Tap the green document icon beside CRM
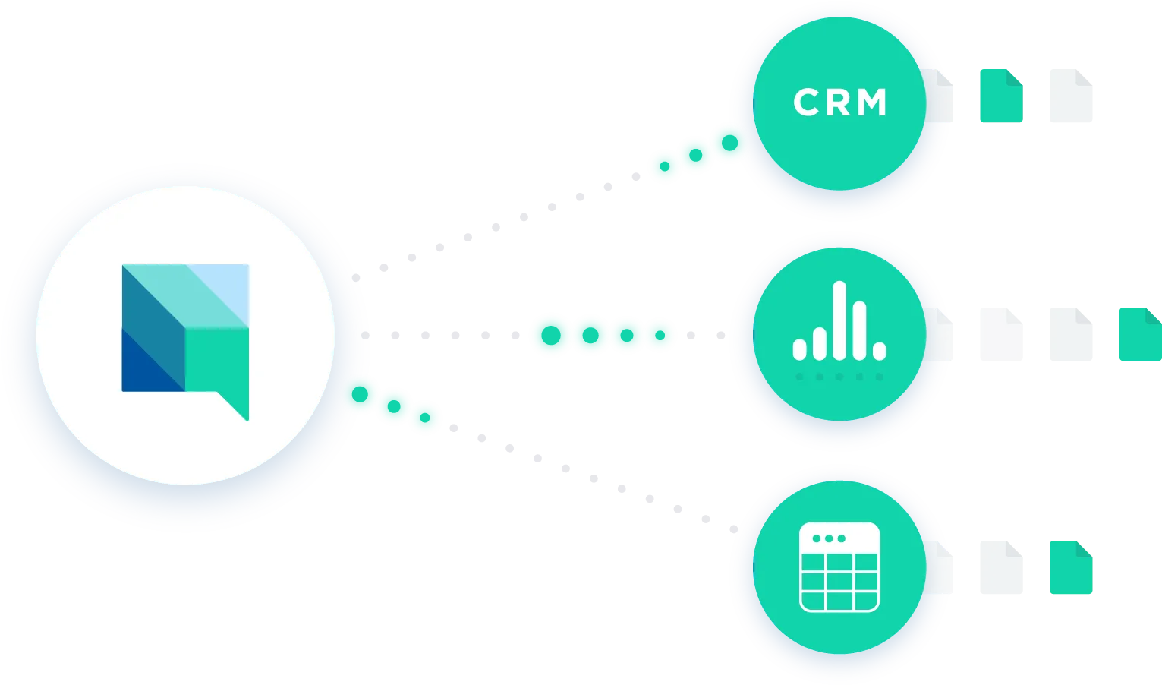[1001, 96]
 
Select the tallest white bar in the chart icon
[839, 320]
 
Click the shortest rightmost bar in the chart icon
[880, 351]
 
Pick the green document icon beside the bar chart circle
[1141, 334]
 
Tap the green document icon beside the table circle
[1071, 567]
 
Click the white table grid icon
[839, 567]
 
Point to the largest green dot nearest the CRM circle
[730, 143]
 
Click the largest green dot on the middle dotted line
[551, 335]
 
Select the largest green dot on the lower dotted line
[360, 394]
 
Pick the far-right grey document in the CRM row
[1071, 96]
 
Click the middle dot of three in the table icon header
[829, 538]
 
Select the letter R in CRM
[837, 103]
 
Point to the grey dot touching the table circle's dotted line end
[733, 529]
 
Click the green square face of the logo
[217, 360]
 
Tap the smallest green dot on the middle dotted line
[660, 335]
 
